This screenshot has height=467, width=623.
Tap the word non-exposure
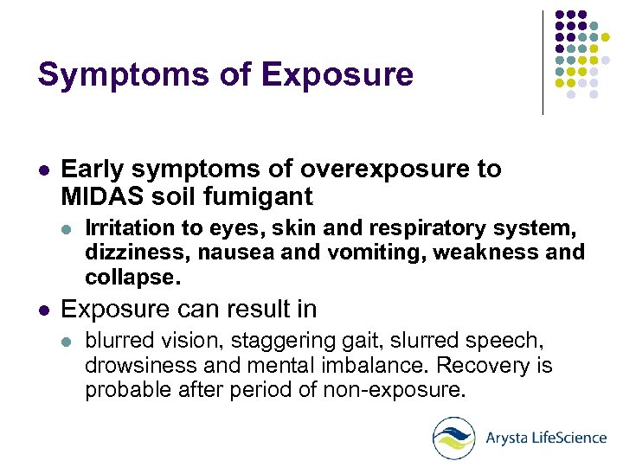(x=394, y=389)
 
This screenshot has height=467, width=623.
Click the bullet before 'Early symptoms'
(x=43, y=170)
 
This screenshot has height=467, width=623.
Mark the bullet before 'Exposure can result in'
(x=43, y=309)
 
